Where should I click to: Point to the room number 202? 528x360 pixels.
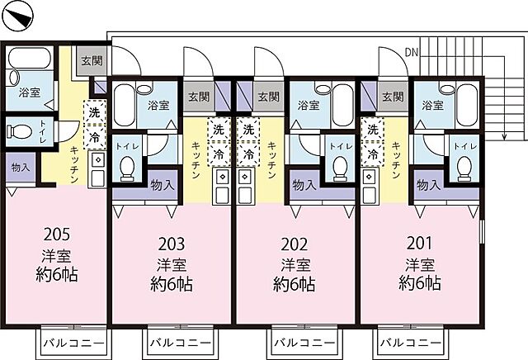[x=295, y=244]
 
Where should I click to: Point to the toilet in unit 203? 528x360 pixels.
[x=127, y=168]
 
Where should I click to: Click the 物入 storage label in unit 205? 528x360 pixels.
[x=21, y=168]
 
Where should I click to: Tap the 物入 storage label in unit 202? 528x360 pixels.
[x=303, y=186]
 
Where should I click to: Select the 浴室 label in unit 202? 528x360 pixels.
[x=308, y=106]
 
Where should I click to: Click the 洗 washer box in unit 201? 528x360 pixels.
[x=372, y=130]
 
